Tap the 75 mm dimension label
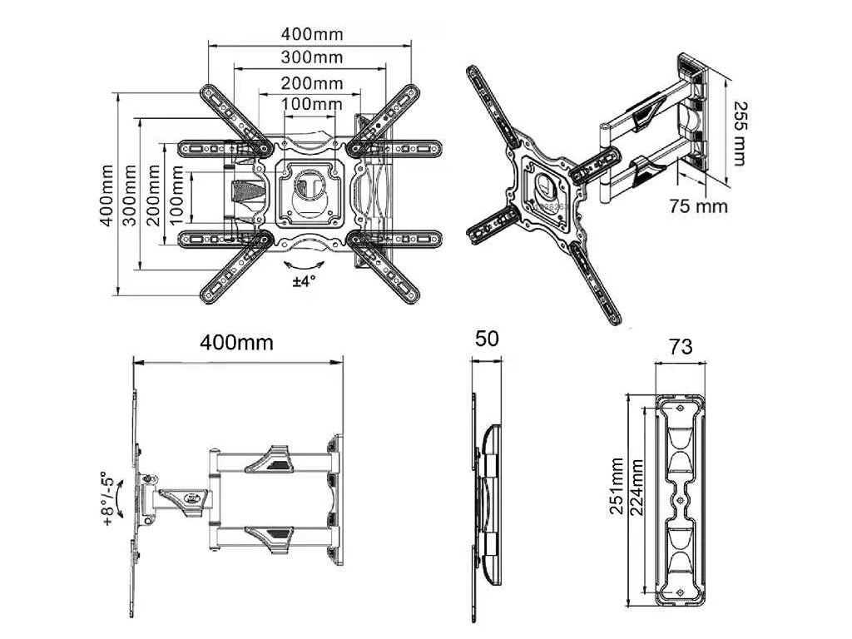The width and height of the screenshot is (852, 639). point(698,206)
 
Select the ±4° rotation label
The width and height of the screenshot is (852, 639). point(304,281)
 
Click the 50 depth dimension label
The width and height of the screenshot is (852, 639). point(486,339)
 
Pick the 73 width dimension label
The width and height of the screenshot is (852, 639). point(681,346)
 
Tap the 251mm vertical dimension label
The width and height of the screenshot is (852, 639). point(617,486)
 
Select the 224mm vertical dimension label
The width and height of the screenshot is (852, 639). point(637,488)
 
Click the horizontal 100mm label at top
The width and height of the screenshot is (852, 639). point(313,103)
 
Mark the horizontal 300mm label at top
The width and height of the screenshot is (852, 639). point(312,57)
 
